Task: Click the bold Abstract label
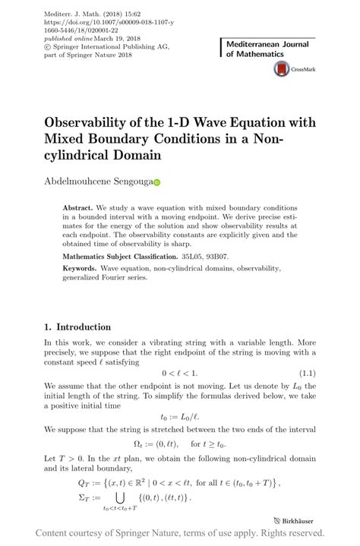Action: [77, 207]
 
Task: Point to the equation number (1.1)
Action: [306, 373]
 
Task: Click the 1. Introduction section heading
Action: [77, 327]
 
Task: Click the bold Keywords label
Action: [80, 268]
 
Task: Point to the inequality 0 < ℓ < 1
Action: [179, 373]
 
